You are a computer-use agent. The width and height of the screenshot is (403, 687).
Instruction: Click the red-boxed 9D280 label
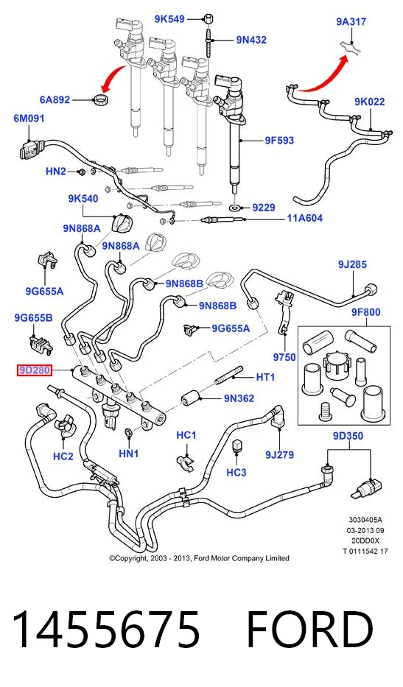34,370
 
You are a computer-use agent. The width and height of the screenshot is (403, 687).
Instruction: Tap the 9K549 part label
169,19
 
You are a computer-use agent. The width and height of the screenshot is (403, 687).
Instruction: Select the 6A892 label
55,100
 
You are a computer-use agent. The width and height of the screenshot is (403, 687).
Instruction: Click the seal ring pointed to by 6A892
101,99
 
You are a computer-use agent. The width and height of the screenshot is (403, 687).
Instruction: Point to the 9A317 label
351,21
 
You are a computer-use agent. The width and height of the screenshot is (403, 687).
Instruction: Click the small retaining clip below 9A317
351,47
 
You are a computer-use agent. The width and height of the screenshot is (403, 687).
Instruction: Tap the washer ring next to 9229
236,207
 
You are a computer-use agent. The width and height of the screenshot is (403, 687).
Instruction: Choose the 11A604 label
305,218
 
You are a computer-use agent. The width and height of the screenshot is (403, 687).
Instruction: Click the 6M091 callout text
29,119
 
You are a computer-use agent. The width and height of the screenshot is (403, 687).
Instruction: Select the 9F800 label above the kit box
365,312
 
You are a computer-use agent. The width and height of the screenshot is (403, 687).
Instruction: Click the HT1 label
266,377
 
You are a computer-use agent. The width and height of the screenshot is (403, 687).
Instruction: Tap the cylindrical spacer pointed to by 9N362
190,398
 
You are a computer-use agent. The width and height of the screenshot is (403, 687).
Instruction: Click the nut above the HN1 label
129,433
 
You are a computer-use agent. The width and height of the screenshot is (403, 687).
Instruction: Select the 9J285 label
352,264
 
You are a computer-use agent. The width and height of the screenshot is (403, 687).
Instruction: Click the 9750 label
284,358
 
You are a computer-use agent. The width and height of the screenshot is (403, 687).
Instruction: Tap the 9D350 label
348,436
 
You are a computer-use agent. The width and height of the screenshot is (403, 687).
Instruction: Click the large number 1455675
106,630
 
